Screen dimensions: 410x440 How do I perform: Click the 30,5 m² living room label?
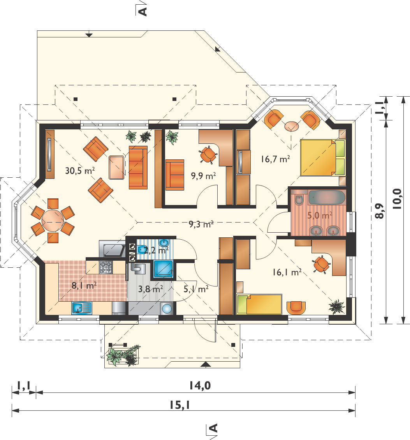(80, 170)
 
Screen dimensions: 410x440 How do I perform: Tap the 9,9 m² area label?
(203, 176)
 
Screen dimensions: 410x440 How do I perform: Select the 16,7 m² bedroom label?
(275, 159)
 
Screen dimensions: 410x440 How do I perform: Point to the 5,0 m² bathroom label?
(320, 215)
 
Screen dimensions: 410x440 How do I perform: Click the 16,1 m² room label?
(287, 272)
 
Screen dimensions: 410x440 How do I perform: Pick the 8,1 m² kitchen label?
(84, 285)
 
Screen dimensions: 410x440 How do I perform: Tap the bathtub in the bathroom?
(327, 198)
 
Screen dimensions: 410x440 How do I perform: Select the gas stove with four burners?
(106, 267)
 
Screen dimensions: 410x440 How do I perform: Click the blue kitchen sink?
(82, 308)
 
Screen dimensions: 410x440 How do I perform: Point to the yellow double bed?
(322, 157)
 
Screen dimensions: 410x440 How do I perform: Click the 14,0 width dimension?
(200, 385)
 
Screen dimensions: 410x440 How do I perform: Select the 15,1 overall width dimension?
(179, 405)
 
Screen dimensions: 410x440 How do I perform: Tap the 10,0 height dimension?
(397, 199)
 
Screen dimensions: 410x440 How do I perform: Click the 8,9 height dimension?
(379, 211)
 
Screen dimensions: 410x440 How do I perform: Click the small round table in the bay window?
(292, 126)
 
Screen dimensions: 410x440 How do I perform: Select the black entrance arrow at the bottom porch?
(206, 364)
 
